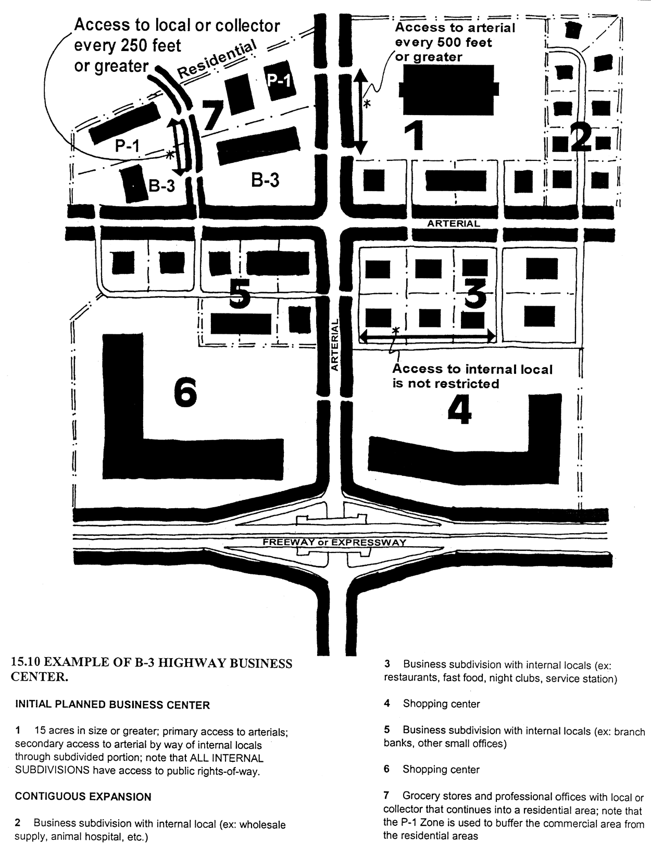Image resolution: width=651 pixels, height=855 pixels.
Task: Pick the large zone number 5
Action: (x=240, y=295)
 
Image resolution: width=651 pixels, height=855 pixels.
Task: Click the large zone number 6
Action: (x=185, y=393)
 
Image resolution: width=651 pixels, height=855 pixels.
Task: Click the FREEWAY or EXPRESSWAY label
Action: (x=334, y=542)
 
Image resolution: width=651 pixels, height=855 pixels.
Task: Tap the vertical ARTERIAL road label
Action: (x=335, y=345)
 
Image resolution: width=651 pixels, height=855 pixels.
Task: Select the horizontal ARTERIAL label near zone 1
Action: (x=453, y=224)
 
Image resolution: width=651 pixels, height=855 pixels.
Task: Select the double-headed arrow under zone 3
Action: (x=427, y=337)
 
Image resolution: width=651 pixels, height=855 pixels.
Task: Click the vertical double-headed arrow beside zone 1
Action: (x=361, y=112)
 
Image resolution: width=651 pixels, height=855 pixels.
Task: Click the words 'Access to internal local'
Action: (x=472, y=369)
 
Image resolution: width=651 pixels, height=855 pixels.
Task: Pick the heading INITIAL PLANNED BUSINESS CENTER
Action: (x=112, y=705)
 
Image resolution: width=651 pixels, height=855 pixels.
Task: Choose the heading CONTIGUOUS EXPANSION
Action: (x=83, y=797)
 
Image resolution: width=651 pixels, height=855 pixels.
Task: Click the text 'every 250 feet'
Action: (x=128, y=46)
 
